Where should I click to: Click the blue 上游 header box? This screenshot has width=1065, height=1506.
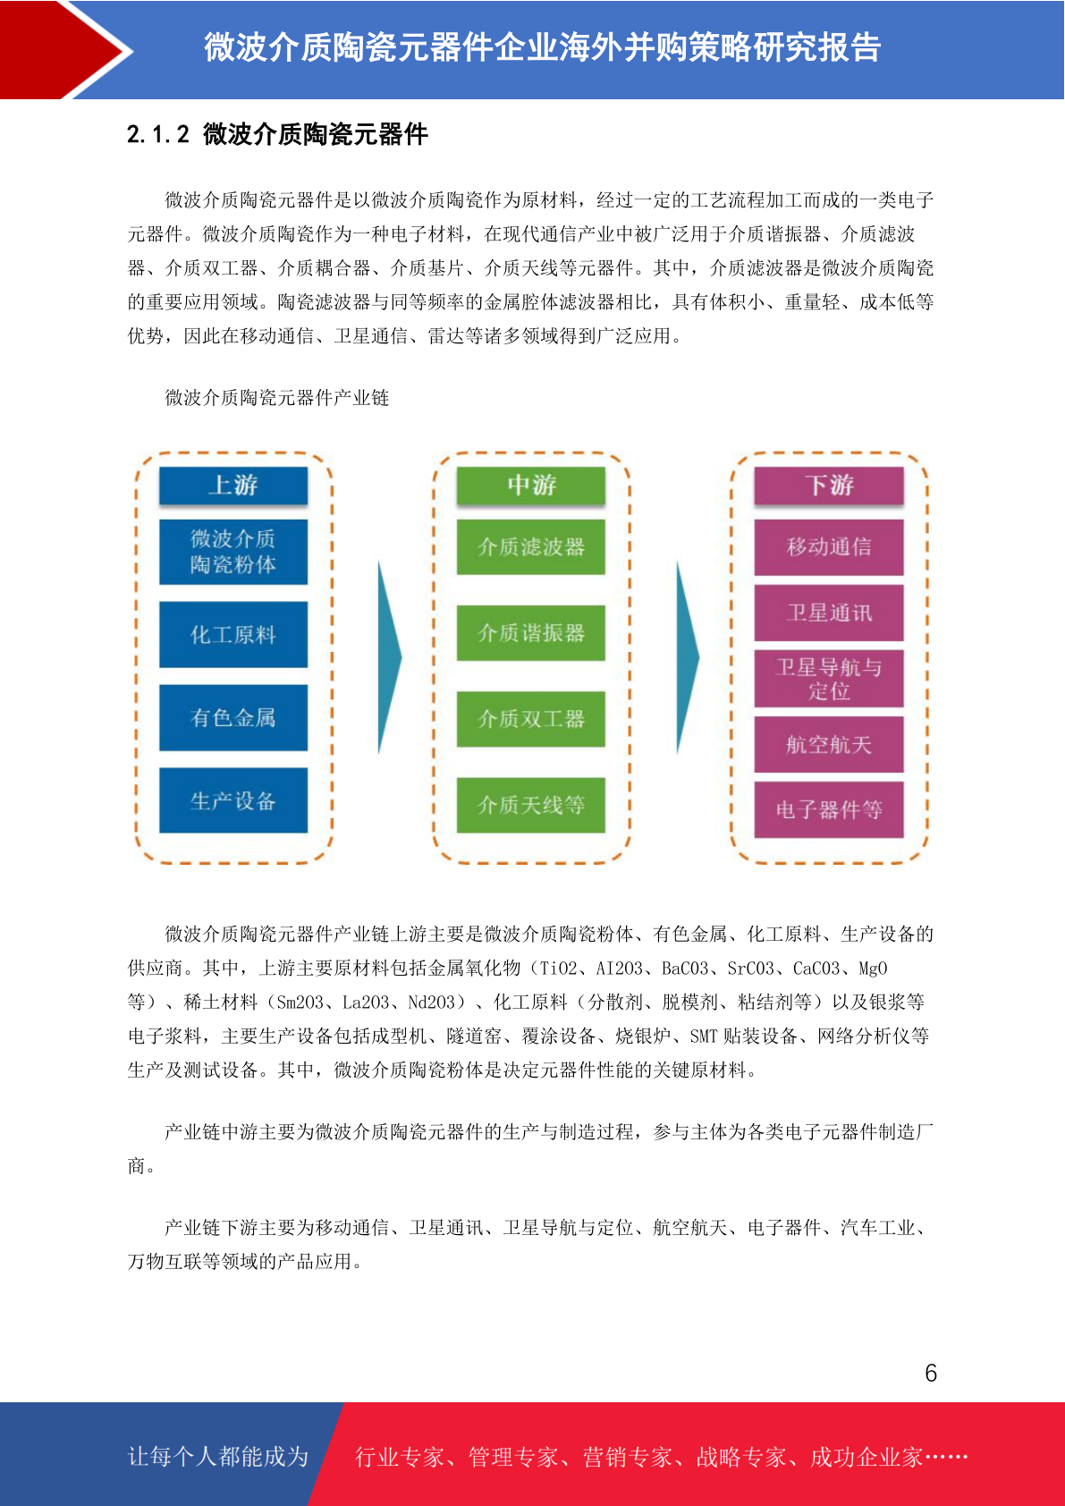(x=233, y=485)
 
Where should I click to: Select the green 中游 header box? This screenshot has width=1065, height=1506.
(x=531, y=485)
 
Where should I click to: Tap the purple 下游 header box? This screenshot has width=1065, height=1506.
(x=829, y=485)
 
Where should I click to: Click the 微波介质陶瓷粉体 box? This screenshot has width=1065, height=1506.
(x=233, y=551)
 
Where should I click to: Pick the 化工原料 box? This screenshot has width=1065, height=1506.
(x=233, y=634)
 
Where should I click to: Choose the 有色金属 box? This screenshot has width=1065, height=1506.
(x=233, y=717)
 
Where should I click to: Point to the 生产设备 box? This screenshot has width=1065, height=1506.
(x=233, y=800)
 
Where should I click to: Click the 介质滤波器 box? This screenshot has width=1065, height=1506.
(x=531, y=546)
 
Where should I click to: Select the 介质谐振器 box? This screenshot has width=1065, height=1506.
(x=531, y=632)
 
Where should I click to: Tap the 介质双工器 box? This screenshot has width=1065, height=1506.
(x=531, y=719)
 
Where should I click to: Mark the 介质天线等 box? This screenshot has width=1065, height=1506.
(x=531, y=805)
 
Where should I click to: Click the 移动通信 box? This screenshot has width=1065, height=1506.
(x=829, y=547)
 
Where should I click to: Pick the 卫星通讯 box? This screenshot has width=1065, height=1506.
(x=829, y=613)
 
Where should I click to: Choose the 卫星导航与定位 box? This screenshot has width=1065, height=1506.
(x=829, y=679)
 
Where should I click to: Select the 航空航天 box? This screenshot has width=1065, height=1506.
(x=829, y=744)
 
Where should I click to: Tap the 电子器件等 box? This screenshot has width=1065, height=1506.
(x=829, y=809)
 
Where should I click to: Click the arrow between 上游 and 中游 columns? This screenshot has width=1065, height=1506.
(x=389, y=656)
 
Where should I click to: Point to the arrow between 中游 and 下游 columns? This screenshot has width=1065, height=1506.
(x=687, y=656)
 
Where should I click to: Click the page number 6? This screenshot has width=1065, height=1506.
(x=931, y=1373)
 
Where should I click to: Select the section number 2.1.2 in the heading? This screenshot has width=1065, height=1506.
(x=158, y=134)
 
